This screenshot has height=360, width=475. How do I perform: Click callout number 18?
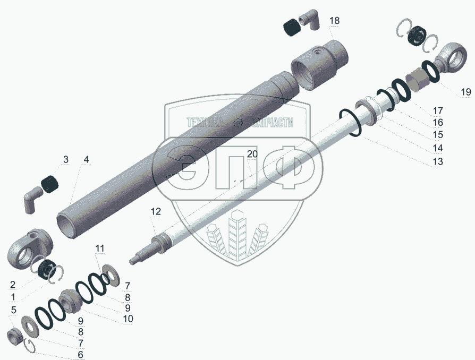click(334, 21)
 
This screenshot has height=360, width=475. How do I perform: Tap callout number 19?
click(466, 91)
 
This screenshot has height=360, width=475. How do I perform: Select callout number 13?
click(438, 161)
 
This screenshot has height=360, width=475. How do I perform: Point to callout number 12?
click(156, 211)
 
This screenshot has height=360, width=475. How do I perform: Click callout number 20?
click(252, 154)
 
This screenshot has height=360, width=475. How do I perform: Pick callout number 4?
click(87, 159)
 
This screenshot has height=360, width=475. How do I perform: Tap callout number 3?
click(66, 159)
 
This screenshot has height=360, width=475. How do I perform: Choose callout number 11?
click(100, 248)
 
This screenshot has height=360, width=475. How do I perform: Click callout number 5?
click(13, 310)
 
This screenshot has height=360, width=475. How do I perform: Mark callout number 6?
click(80, 354)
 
